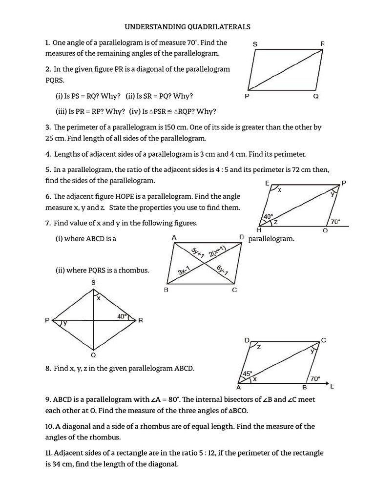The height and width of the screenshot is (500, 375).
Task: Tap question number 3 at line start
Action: click(48, 127)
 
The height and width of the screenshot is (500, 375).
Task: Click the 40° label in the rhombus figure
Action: click(122, 316)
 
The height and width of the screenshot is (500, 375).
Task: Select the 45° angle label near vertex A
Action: click(248, 374)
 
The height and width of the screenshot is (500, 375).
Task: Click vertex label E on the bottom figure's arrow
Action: click(333, 386)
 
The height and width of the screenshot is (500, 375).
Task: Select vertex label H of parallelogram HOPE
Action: click(259, 230)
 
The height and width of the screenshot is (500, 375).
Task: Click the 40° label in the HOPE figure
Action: click(268, 216)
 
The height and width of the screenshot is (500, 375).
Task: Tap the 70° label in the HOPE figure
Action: click(335, 221)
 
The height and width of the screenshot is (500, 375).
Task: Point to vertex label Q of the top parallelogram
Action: click(316, 96)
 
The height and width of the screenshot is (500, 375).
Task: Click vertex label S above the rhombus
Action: click(93, 283)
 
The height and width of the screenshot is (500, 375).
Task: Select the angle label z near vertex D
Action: click(259, 348)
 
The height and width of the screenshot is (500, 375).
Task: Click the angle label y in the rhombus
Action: click(65, 323)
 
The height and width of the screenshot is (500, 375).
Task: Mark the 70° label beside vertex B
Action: click(315, 378)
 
